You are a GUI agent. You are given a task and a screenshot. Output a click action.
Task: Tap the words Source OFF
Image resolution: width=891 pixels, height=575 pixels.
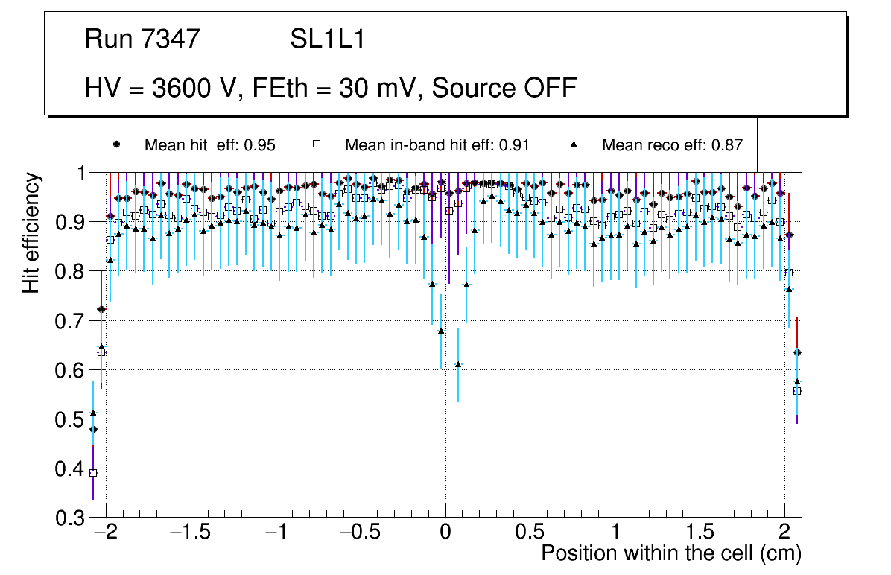[504, 88]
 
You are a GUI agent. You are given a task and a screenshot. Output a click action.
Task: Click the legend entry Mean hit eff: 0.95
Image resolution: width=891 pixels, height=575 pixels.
[209, 145]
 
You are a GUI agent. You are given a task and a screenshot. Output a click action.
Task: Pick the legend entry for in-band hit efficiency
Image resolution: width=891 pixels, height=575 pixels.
[437, 145]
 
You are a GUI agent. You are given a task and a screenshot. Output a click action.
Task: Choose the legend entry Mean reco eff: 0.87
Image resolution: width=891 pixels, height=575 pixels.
[671, 145]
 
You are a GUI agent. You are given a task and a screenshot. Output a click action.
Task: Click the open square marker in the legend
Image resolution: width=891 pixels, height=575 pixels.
[315, 144]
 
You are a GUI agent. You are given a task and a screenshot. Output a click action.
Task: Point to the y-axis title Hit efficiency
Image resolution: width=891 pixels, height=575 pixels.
[31, 232]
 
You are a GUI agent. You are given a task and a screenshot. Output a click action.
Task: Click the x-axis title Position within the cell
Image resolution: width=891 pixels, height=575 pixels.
[670, 554]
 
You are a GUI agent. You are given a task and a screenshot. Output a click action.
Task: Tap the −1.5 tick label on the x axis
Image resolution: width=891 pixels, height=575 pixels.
[190, 533]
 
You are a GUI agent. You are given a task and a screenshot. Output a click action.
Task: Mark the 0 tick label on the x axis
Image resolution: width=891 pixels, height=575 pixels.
[445, 533]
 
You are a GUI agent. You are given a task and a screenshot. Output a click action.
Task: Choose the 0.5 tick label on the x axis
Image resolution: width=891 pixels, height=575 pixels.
[530, 533]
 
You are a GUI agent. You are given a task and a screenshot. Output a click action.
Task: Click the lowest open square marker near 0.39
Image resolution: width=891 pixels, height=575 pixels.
[93, 473]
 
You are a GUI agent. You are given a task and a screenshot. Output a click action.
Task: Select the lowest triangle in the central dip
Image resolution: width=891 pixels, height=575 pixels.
[458, 364]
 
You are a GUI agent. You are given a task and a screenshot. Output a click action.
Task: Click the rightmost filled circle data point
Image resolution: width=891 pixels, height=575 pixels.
[797, 352]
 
